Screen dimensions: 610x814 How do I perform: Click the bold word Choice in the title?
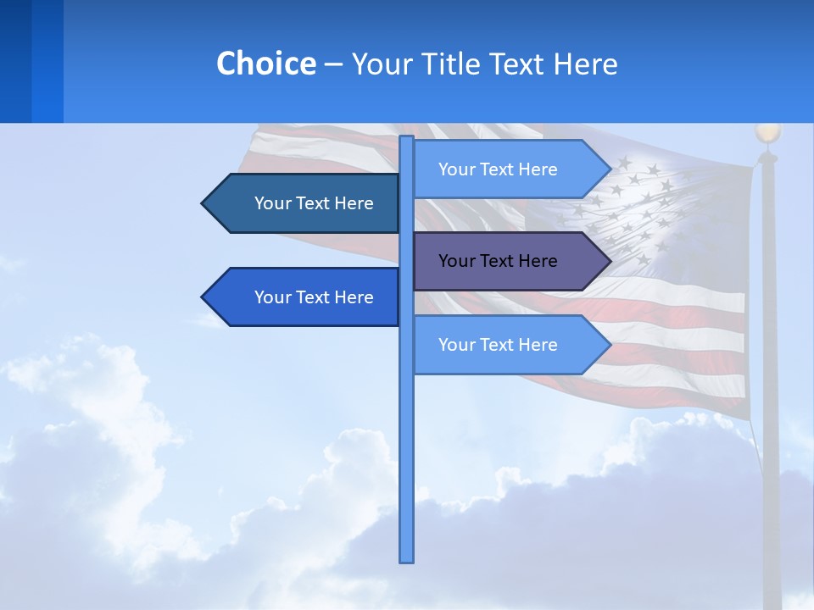pos(265,64)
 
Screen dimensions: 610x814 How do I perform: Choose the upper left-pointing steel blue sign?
pos(305,203)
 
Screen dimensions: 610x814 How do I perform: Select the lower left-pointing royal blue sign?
pos(305,297)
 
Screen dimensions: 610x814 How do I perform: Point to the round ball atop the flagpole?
pos(768,133)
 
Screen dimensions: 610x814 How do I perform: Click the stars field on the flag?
pos(644,203)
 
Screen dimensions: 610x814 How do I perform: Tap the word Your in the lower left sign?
pos(271,297)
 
